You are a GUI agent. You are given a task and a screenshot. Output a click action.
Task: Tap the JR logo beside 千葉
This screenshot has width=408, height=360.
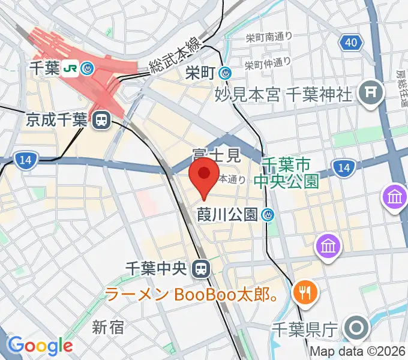70,68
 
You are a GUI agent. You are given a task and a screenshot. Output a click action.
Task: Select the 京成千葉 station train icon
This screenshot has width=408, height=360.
101,121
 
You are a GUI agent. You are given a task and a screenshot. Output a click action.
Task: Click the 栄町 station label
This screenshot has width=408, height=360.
200,73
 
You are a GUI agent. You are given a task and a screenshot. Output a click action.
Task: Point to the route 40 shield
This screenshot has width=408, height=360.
351,41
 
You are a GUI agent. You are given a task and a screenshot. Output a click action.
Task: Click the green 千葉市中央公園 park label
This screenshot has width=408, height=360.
286,173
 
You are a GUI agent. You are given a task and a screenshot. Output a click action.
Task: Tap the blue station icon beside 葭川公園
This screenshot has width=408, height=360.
269,214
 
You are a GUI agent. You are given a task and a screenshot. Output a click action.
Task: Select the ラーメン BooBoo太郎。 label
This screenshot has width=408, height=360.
191,295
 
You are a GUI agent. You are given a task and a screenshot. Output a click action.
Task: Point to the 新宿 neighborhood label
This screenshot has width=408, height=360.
108,327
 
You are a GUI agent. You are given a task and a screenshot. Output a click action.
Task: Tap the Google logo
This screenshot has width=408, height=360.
40,346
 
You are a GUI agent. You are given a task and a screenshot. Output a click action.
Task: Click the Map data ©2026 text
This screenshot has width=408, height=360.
358,352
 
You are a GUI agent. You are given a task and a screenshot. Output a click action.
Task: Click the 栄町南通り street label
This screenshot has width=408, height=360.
269,37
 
